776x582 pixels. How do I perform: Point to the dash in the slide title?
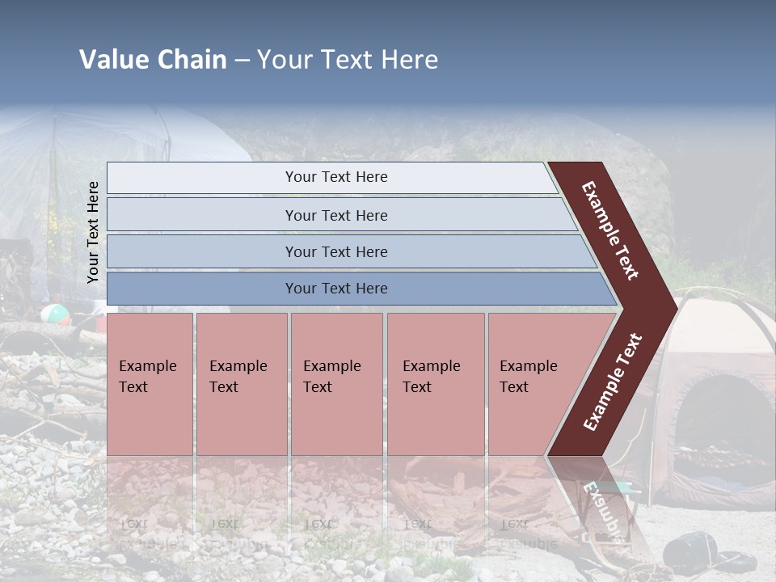pos(242,61)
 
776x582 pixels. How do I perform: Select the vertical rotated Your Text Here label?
pos(93,232)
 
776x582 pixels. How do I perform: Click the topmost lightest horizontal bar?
pos(335,177)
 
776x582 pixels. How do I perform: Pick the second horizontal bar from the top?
pos(335,215)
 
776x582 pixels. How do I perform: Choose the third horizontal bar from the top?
pos(335,251)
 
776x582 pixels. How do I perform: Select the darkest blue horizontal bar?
pos(335,289)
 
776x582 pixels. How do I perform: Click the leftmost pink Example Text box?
pos(150,384)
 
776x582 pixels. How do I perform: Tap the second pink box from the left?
pos(241,384)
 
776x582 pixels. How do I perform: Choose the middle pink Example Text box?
pos(336,384)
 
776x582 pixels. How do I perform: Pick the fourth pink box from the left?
pos(435,384)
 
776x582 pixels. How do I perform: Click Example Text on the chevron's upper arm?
pos(610,230)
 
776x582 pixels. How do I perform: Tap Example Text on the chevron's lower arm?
pos(613,382)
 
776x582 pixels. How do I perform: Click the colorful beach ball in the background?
pos(56,314)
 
